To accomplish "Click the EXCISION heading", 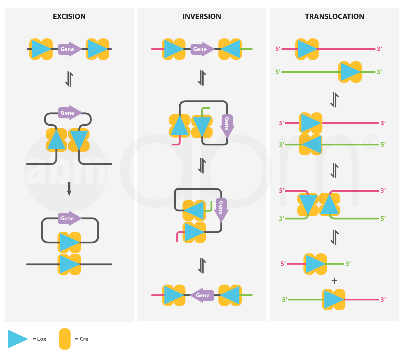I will pyautogui.click(x=69, y=16).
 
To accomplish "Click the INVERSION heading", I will pyautogui.click(x=202, y=16).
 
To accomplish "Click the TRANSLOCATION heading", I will pyautogui.click(x=334, y=16).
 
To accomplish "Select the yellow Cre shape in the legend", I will pyautogui.click(x=65, y=339).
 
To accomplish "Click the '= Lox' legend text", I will pyautogui.click(x=39, y=339).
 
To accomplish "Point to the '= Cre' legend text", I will pyautogui.click(x=82, y=339).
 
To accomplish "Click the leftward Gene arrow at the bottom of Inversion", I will pyautogui.click(x=201, y=295).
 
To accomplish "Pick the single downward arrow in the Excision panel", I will pyautogui.click(x=69, y=189).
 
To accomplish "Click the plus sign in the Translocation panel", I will pyautogui.click(x=334, y=281).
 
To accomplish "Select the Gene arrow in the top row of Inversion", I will pyautogui.click(x=202, y=49).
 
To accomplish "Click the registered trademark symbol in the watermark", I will pyautogui.click(x=370, y=142).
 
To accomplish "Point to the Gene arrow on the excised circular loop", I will pyautogui.click(x=69, y=218).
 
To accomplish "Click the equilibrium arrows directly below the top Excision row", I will pyautogui.click(x=69, y=79).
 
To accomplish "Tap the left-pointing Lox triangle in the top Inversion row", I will pyautogui.click(x=231, y=49).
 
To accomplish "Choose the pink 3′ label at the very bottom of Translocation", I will pyautogui.click(x=383, y=300).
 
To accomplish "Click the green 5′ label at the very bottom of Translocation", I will pyautogui.click(x=285, y=300).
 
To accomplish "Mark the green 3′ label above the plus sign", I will pyautogui.click(x=348, y=264).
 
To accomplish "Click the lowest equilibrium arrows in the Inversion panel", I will pyautogui.click(x=202, y=266).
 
